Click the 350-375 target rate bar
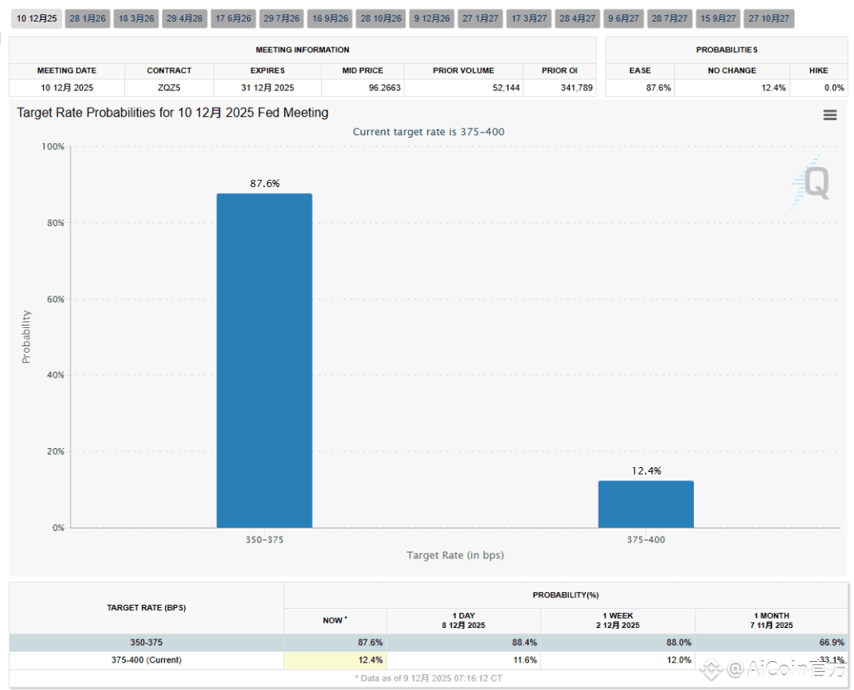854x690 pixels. click(264, 360)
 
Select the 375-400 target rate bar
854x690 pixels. click(646, 504)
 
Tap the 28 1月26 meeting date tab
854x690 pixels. click(87, 18)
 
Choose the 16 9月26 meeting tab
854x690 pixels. click(330, 18)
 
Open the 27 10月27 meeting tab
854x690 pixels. click(769, 18)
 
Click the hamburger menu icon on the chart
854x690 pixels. click(829, 115)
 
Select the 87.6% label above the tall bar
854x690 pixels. click(264, 184)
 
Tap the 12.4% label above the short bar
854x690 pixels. click(646, 470)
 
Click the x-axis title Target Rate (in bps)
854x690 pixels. click(454, 555)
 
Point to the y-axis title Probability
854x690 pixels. click(26, 336)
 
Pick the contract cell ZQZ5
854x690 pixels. click(169, 88)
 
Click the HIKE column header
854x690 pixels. click(818, 70)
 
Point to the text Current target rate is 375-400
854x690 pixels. click(428, 132)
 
